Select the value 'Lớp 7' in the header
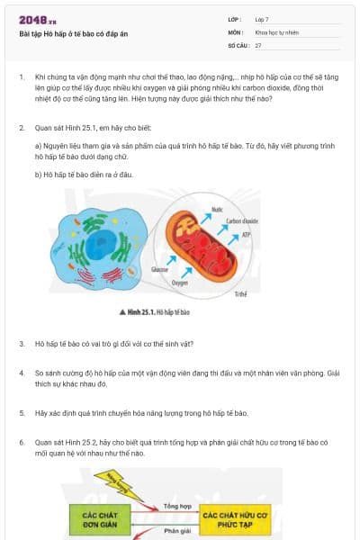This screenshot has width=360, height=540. [x=262, y=18]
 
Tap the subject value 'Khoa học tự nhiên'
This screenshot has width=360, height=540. [x=276, y=31]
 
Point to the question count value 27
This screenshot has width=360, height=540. [x=258, y=44]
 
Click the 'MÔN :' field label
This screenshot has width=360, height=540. [x=237, y=31]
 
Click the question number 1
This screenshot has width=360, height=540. [x=22, y=78]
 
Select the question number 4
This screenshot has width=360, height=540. [x=22, y=371]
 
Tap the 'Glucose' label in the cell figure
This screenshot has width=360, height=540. [x=160, y=269]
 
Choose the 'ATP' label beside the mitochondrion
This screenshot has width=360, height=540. [x=246, y=235]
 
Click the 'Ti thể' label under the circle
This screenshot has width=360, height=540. [x=239, y=294]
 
